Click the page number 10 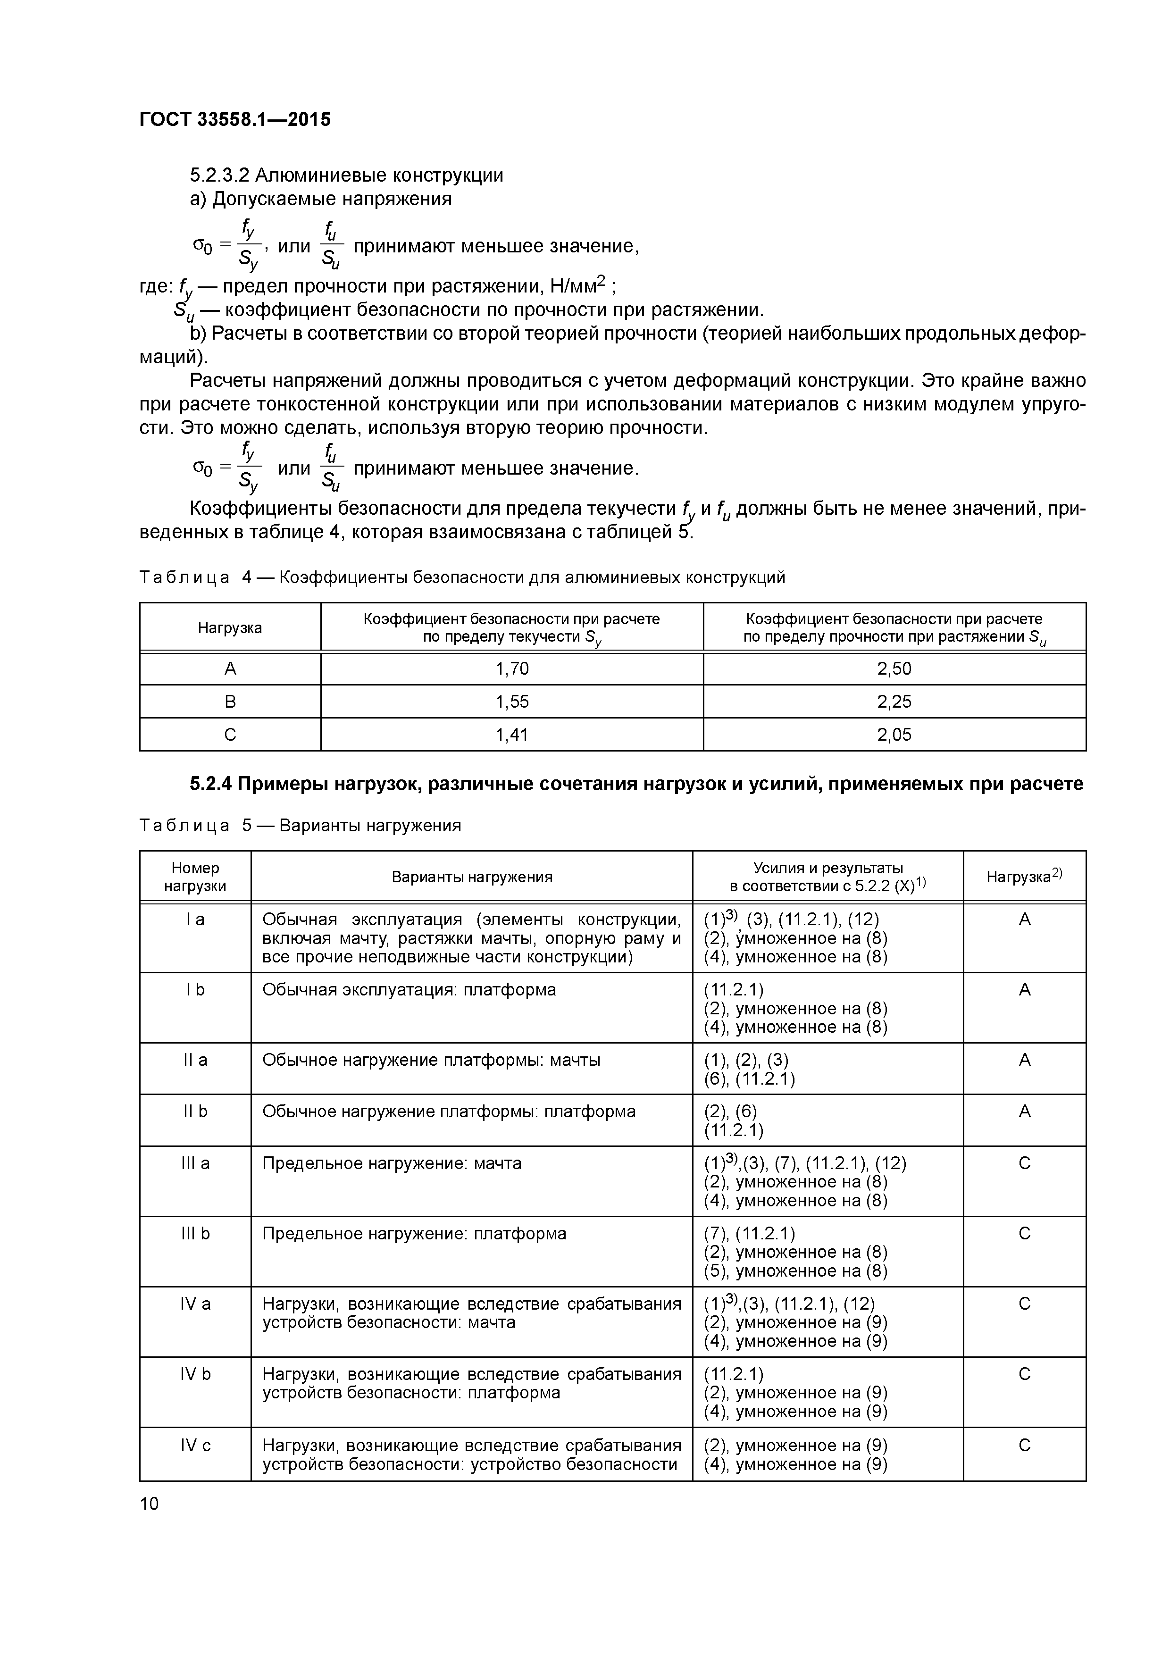[149, 1503]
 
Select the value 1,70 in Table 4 [512, 669]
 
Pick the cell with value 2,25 [894, 702]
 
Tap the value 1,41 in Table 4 [512, 735]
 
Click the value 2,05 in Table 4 [894, 735]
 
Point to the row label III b [195, 1233]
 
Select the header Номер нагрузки [195, 877]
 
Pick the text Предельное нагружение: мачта [392, 1163]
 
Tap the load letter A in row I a [1024, 920]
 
